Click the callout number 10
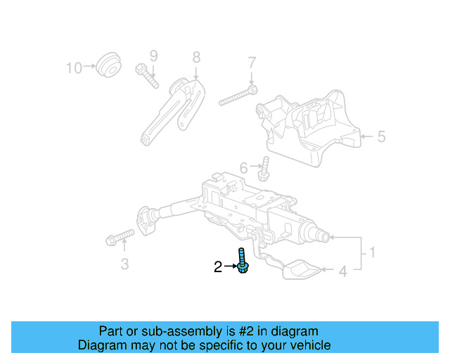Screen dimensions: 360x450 click(74, 67)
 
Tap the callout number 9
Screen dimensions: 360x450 click(153, 56)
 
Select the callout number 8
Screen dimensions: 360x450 click(196, 57)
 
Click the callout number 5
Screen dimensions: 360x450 click(380, 136)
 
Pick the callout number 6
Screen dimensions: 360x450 click(244, 168)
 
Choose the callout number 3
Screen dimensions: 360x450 click(124, 264)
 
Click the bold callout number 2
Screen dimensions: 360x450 click(218, 266)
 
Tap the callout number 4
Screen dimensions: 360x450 click(343, 270)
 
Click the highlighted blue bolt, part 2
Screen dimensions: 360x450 click(242, 261)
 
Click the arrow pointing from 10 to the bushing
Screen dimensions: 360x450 click(90, 67)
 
